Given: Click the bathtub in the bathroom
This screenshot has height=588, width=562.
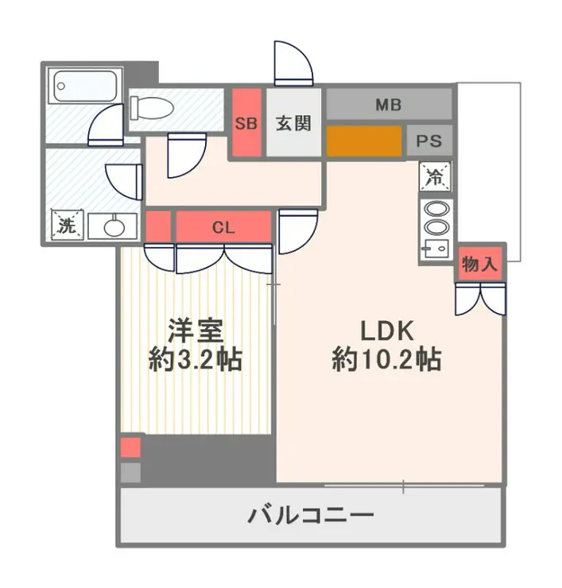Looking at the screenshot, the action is point(84,86).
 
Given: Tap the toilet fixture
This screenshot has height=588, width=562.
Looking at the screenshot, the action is point(151,106).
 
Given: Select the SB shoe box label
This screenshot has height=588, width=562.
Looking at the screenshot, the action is point(246,124).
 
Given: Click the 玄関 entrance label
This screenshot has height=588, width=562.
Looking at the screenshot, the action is point(293,124).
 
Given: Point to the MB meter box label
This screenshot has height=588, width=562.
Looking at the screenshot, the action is point(389,104).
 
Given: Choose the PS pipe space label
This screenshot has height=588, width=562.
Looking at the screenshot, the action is point(429,141).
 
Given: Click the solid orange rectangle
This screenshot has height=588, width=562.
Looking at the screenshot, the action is point(363,141).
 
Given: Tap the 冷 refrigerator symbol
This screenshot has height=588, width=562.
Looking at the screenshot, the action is point(435,175).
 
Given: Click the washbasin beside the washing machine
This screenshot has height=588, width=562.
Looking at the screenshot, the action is point(111,226).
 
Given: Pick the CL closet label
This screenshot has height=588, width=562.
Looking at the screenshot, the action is point(223,227).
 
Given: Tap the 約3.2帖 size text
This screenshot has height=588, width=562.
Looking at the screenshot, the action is point(195,362).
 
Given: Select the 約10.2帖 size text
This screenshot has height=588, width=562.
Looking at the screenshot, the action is point(387,362).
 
